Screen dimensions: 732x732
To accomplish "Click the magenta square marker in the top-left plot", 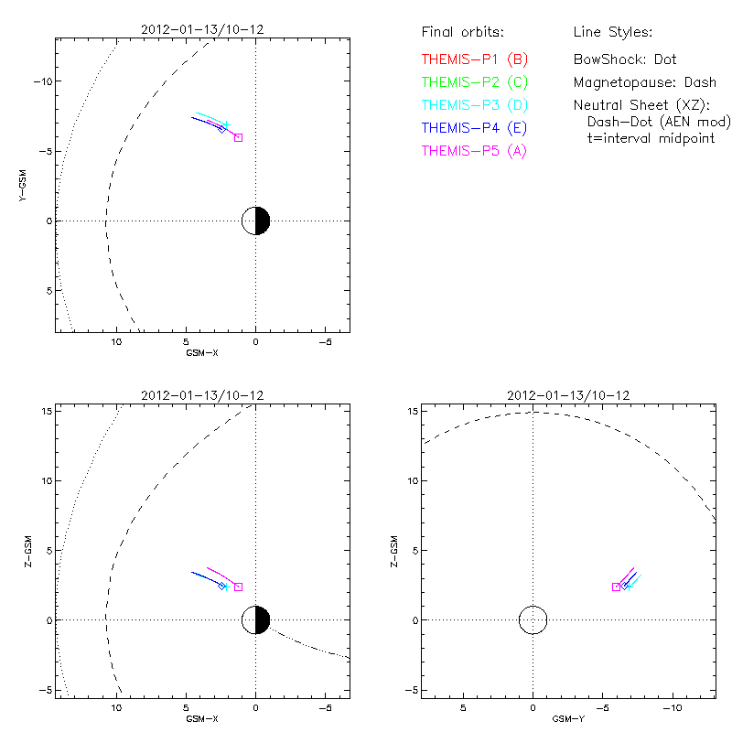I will (238, 137).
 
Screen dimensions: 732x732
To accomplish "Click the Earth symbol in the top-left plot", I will (255, 221).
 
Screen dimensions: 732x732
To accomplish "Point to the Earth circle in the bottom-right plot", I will (533, 619).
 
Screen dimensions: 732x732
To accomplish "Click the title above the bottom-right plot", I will (567, 395).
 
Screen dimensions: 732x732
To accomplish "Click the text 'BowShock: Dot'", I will (625, 59).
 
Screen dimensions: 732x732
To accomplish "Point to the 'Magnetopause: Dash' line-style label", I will (644, 82).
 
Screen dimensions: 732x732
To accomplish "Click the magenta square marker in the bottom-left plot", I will (238, 587).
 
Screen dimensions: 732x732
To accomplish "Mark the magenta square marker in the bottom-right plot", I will (616, 587).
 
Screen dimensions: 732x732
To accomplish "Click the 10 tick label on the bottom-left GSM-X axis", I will (116, 705).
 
